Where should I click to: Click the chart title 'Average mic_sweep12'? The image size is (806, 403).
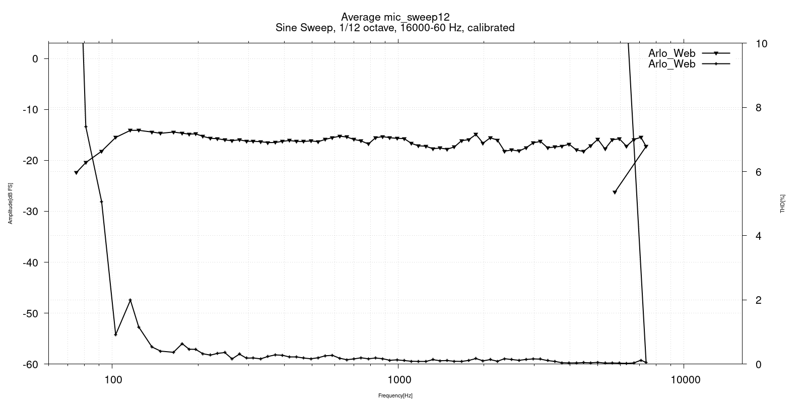click(x=395, y=17)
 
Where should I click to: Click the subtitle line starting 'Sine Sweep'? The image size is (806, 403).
click(x=395, y=28)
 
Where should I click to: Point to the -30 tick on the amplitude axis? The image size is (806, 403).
click(x=31, y=211)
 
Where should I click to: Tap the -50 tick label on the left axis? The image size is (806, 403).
click(x=31, y=313)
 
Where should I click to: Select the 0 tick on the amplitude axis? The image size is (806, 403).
click(x=35, y=58)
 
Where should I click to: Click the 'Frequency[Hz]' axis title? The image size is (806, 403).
click(x=395, y=396)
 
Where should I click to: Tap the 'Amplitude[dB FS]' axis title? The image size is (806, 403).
click(x=10, y=204)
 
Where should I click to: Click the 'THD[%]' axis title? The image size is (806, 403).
click(x=782, y=204)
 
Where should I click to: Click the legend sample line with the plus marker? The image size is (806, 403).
click(x=715, y=64)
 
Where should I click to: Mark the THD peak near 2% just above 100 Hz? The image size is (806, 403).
click(x=130, y=300)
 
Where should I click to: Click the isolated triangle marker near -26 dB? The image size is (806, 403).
click(x=615, y=192)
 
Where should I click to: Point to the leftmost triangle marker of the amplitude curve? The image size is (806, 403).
click(x=76, y=173)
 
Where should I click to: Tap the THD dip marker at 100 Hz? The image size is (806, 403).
click(x=115, y=334)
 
